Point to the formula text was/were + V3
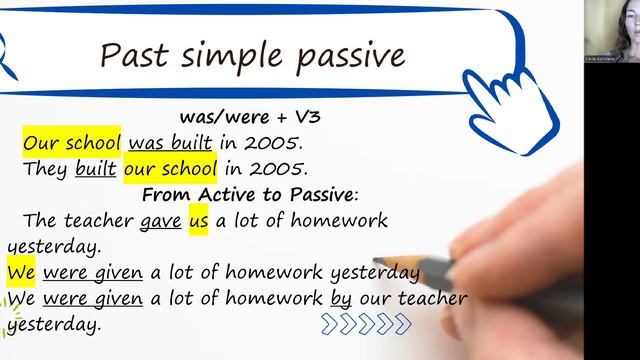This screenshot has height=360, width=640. coord(250,117)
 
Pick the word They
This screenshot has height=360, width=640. coord(46,167)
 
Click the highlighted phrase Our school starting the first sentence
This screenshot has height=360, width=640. coord(72,142)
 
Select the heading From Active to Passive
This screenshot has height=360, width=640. coord(250,193)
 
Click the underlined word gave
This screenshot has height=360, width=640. coord(161,219)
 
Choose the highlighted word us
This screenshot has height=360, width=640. coord(197,219)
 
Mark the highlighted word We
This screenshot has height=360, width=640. coord(21,272)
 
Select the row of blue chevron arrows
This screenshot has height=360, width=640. coord(366,322)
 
